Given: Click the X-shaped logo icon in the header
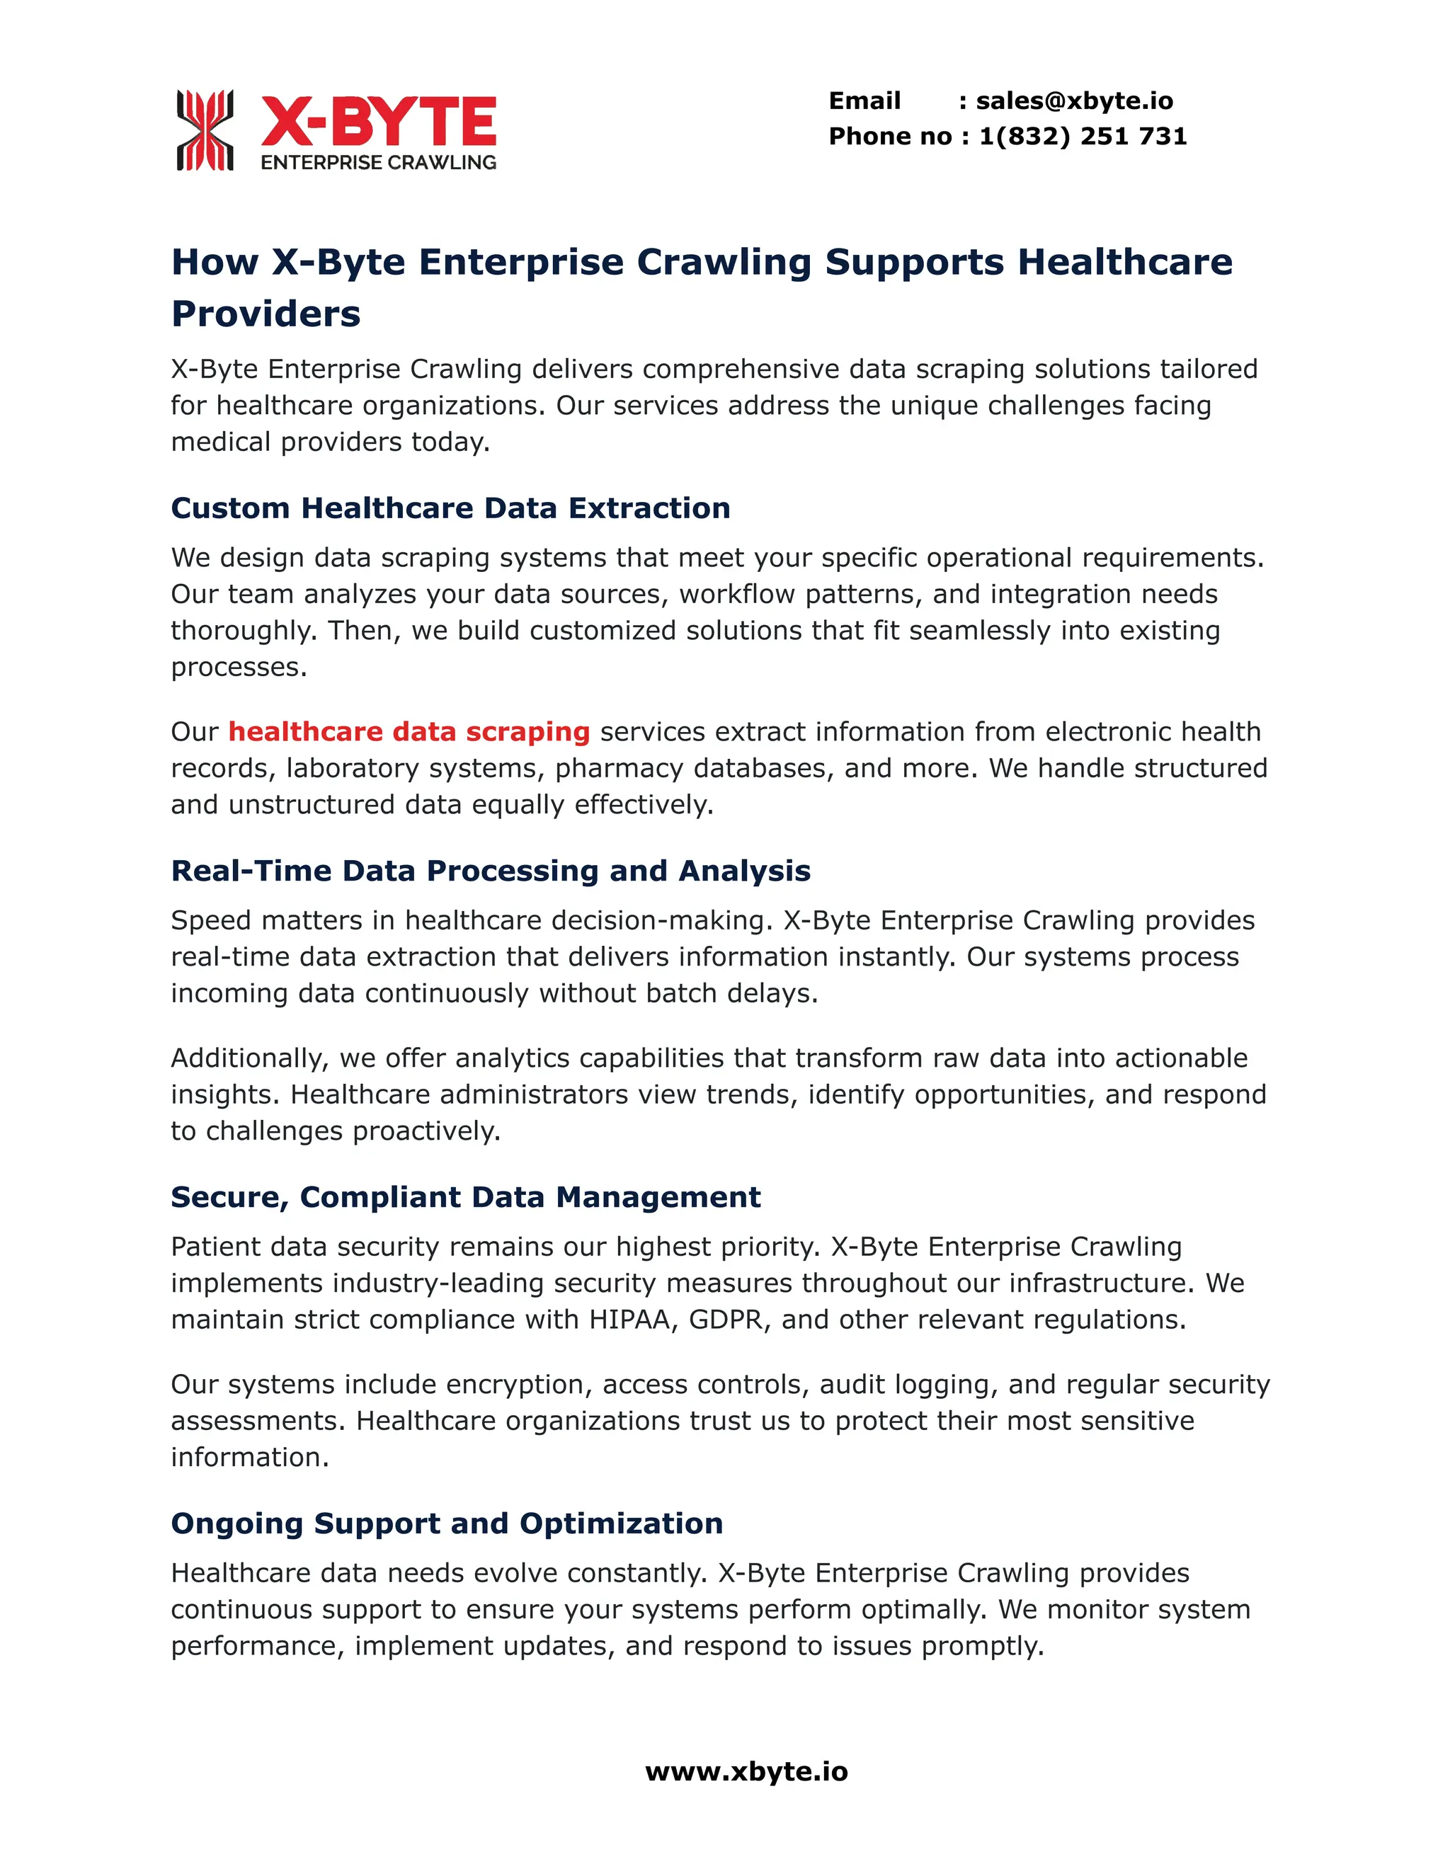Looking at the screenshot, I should coord(205,130).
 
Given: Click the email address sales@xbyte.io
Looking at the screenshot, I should coord(1074,101).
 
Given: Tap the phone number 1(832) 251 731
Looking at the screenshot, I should coord(1083,137).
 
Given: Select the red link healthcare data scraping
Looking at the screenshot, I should coord(409,732).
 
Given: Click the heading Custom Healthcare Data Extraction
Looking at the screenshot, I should coord(450,508).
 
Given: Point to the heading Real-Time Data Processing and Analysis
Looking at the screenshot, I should coord(491,871).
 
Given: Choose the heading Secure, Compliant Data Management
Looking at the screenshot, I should coord(466,1197).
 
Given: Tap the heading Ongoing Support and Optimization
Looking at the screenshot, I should coord(447,1524).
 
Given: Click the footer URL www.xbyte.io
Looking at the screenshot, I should coord(746,1771).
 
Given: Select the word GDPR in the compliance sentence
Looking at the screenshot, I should coord(726,1320).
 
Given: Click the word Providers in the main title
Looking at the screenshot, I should coord(266,314).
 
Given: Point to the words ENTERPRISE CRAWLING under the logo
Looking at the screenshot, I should coord(378,162).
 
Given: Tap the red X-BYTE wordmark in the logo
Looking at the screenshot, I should coord(378,122).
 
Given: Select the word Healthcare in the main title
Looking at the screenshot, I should coord(1124,262).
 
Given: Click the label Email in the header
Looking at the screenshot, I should coord(864,101).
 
